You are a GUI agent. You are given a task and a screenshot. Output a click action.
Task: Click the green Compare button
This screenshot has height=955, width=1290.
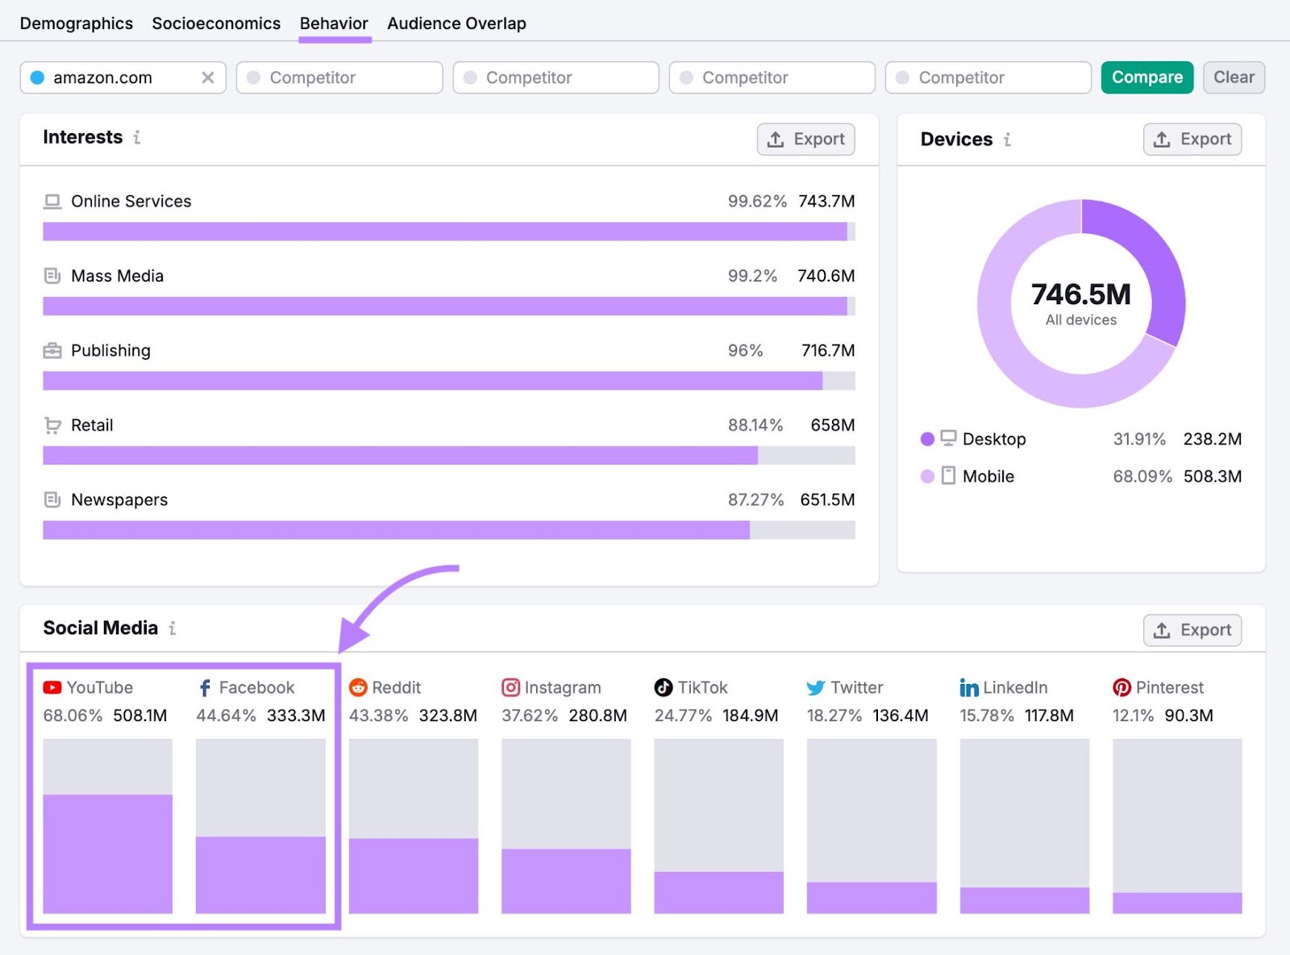(x=1146, y=77)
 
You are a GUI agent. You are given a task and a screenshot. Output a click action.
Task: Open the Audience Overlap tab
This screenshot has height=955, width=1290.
(x=456, y=23)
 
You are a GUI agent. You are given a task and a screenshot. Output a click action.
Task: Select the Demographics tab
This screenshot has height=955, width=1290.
(x=77, y=23)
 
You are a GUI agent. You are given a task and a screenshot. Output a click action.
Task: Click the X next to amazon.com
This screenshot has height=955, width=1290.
(x=208, y=77)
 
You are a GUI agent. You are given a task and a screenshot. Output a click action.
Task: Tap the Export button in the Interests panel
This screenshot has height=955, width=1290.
(x=805, y=139)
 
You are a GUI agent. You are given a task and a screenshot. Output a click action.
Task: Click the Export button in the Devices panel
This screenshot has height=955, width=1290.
(x=1192, y=139)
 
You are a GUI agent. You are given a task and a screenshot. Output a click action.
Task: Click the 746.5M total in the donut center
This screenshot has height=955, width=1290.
(x=1080, y=294)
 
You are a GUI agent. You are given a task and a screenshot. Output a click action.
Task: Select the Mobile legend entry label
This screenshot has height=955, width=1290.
(x=988, y=477)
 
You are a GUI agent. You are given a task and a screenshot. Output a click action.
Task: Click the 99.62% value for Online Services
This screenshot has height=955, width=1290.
(x=756, y=202)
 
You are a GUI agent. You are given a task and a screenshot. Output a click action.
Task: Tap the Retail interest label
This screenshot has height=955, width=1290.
(x=92, y=425)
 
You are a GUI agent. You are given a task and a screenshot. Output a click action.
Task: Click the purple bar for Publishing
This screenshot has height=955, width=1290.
(x=432, y=381)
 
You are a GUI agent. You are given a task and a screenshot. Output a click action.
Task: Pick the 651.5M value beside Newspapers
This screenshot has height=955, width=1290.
(x=827, y=500)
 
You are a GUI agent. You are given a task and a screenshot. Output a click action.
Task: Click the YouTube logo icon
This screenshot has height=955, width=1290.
(x=52, y=688)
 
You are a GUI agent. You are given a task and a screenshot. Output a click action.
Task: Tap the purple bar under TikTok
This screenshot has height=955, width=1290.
(x=718, y=892)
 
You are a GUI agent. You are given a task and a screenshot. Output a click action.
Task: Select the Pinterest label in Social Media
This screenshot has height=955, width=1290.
(x=1169, y=688)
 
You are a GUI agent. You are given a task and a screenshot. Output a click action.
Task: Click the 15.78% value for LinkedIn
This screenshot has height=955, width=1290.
(x=986, y=715)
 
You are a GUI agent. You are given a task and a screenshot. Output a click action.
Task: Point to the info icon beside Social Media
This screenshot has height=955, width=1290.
(x=173, y=628)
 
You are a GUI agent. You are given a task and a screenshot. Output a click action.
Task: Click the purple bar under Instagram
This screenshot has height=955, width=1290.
(x=566, y=881)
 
